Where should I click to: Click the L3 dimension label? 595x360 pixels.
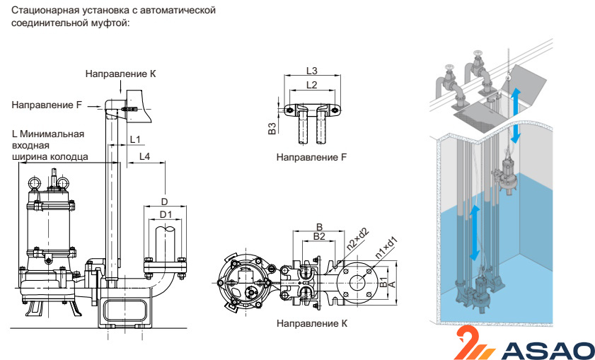[311, 71]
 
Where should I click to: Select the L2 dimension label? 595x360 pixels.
[311, 85]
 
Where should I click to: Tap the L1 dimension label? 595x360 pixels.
[135, 139]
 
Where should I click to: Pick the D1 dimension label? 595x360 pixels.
[166, 214]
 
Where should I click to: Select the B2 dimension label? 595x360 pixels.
[319, 236]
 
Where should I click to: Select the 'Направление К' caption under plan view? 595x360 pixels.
[312, 323]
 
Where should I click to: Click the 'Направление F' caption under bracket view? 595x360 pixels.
[311, 157]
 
